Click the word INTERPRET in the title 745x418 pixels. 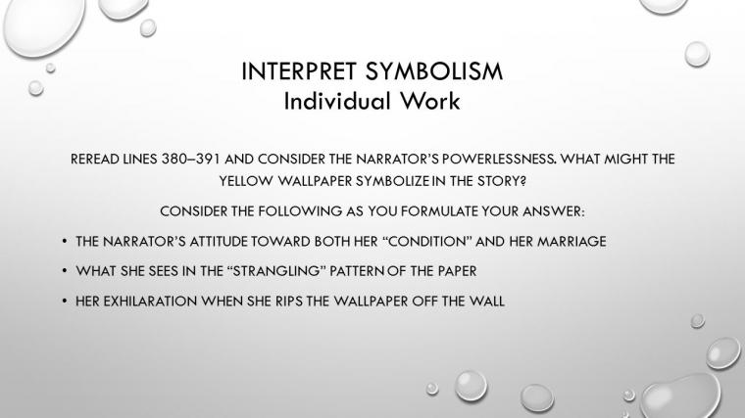click(x=299, y=71)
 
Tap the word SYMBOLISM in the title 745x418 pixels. click(x=434, y=71)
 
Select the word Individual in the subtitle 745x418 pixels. click(x=337, y=101)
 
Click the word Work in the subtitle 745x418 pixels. click(x=430, y=101)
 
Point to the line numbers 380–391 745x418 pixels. click(x=191, y=159)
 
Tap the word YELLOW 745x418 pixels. click(x=246, y=181)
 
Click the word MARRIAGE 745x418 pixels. click(x=571, y=242)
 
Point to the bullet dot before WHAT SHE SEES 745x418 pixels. click(x=65, y=271)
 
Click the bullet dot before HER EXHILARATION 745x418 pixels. click(x=65, y=302)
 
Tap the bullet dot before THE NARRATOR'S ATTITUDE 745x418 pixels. click(x=65, y=242)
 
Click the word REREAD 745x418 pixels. click(x=95, y=159)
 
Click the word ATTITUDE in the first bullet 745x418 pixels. click(x=219, y=242)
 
